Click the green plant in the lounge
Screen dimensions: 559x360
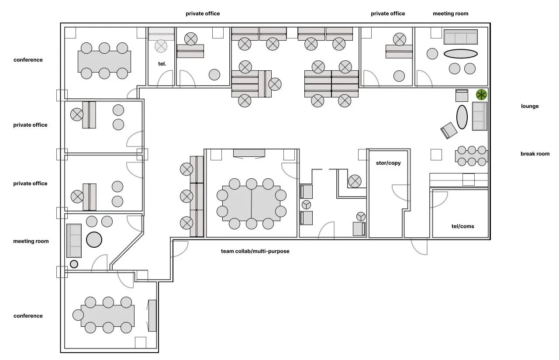tap(481, 94)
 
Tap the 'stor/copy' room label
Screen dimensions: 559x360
tap(388, 163)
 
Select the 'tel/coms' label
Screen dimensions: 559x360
tap(462, 226)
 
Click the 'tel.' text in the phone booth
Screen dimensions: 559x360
tap(162, 64)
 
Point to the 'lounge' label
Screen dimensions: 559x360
tap(529, 106)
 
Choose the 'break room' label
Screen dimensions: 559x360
tap(535, 154)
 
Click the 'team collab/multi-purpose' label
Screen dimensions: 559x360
tap(255, 251)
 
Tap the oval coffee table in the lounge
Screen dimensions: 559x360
tap(462, 117)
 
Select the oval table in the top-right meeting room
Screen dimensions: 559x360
tap(460, 54)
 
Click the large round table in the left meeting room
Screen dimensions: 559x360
tap(94, 239)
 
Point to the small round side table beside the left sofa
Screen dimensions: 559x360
tap(74, 264)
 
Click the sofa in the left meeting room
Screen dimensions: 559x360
tap(74, 240)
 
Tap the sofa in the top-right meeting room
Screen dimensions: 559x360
tap(460, 37)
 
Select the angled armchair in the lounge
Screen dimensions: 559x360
tap(449, 130)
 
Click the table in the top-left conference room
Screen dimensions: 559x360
tap(104, 61)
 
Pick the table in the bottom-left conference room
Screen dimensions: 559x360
tap(107, 315)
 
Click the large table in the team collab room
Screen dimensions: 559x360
tap(251, 204)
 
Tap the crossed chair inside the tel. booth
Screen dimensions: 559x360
tap(161, 45)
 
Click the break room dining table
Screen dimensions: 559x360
tap(471, 156)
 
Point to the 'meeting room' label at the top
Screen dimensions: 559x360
tap(450, 14)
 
